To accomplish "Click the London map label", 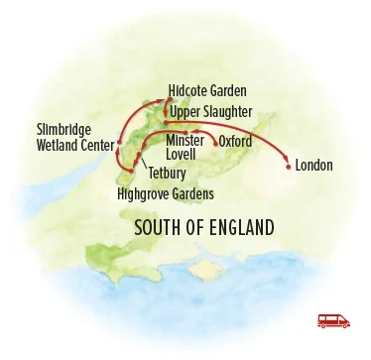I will [313, 165].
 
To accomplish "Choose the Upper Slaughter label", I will [210, 112].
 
